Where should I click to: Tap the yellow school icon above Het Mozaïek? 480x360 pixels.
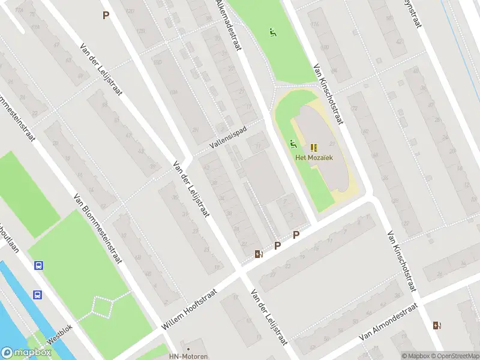(x=314, y=147)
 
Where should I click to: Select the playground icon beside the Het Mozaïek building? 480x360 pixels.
(x=293, y=144)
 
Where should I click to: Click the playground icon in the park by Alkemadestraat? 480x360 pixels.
(x=274, y=32)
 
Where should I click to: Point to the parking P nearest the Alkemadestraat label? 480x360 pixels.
(x=106, y=16)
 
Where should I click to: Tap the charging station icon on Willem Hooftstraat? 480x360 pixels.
(x=259, y=254)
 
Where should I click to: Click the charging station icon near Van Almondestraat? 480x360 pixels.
(x=436, y=326)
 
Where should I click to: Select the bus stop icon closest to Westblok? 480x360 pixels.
(x=37, y=295)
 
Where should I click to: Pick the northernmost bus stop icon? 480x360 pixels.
(x=38, y=265)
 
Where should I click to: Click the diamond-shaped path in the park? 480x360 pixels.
(x=103, y=307)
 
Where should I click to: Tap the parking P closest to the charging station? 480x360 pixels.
(x=277, y=245)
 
